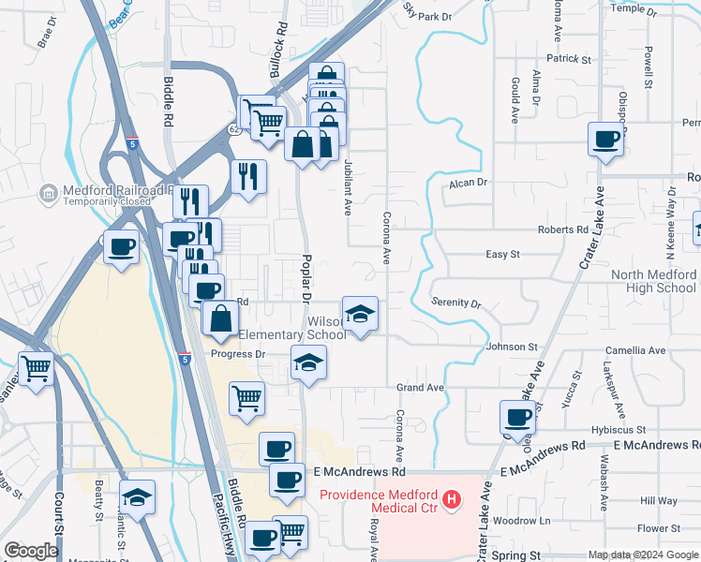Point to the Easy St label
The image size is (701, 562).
pos(502,254)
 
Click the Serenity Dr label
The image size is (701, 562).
pos(455,304)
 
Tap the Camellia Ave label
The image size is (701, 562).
pos(634,350)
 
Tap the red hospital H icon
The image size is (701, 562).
pos(452,500)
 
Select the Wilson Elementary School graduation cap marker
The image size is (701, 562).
pos(360,314)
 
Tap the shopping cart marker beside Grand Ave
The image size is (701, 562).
pos(246,397)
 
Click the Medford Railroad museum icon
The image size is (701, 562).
pos(48,194)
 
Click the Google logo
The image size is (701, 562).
pos(32,551)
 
